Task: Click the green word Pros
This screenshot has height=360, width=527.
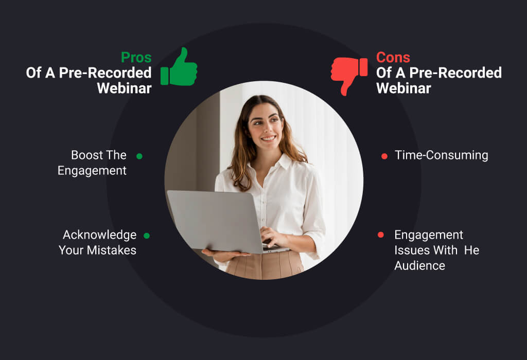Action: (136, 58)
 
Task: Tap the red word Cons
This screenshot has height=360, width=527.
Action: (393, 58)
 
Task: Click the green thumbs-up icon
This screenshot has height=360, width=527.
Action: (179, 67)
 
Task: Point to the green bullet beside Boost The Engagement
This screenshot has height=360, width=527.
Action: (139, 156)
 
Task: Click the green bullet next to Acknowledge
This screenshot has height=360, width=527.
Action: (147, 236)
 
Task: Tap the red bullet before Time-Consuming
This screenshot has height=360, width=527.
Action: (384, 156)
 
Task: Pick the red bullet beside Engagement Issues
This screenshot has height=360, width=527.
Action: (381, 235)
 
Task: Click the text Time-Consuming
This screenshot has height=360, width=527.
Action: (441, 155)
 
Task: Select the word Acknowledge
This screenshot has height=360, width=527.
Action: (99, 235)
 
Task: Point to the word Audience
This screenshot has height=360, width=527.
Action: (420, 266)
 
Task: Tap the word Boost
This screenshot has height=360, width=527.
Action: (85, 155)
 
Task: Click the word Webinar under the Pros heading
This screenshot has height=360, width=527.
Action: (125, 88)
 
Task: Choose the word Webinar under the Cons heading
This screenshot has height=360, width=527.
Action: (403, 88)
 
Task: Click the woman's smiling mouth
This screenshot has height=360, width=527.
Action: (269, 138)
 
